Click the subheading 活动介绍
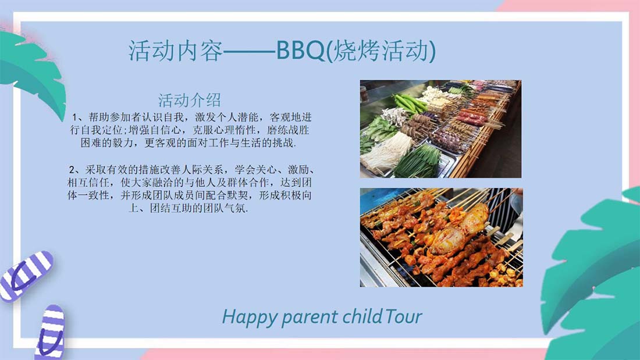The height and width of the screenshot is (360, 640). pyautogui.click(x=190, y=100)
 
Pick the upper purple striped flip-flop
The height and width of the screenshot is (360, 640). pyautogui.click(x=25, y=276)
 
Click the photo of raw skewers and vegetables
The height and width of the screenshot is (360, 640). pyautogui.click(x=440, y=129)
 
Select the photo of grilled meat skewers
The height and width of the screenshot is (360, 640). pyautogui.click(x=441, y=237)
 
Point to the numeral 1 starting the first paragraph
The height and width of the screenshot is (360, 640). pyautogui.click(x=74, y=117)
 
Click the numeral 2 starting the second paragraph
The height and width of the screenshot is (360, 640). pyautogui.click(x=72, y=170)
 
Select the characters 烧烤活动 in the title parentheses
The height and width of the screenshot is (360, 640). pyautogui.click(x=382, y=51)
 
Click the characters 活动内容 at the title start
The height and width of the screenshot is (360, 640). pyautogui.click(x=176, y=51)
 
